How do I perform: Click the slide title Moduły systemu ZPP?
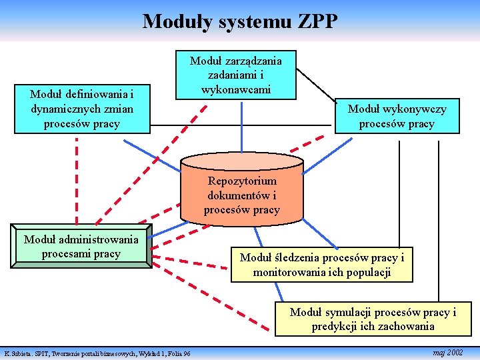[x=240, y=21]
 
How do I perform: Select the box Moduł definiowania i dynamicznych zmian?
[x=81, y=109]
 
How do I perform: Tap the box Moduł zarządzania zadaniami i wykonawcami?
[x=235, y=75]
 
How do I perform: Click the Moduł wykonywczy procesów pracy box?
[x=397, y=116]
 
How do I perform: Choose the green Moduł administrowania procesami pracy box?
[x=81, y=246]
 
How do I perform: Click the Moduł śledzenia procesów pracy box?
[x=322, y=265]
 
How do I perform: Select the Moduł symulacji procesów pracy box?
[x=373, y=319]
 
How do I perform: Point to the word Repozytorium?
[x=242, y=181]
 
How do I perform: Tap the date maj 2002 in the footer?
[x=447, y=351]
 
